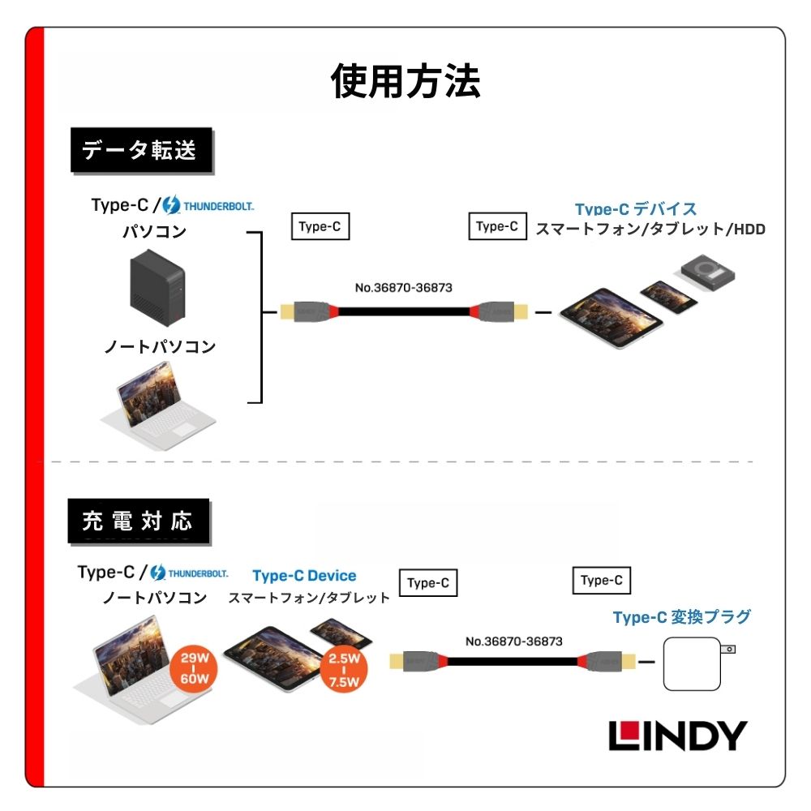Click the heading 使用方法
click(x=405, y=81)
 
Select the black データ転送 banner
click(x=141, y=150)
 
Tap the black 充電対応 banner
click(x=138, y=521)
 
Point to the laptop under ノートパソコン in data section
click(x=158, y=410)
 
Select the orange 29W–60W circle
click(x=194, y=668)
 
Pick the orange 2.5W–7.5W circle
click(x=344, y=670)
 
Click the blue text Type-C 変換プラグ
click(x=681, y=617)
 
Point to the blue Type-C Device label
click(x=304, y=576)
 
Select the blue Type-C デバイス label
click(x=636, y=209)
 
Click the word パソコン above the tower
click(x=154, y=232)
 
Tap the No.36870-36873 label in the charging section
click(x=513, y=641)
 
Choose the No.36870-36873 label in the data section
click(x=403, y=287)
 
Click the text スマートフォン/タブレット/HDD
click(x=650, y=230)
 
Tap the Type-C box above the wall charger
click(x=601, y=580)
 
